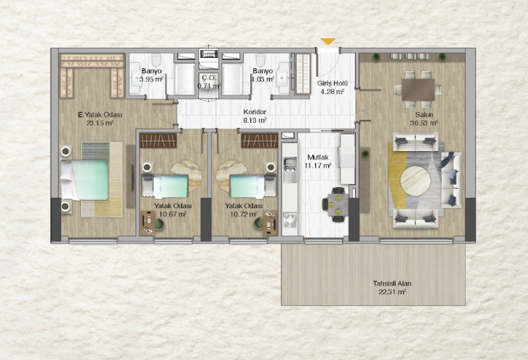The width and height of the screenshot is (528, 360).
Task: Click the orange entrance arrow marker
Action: (328, 41)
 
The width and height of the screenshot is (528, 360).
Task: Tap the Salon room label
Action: (424, 114)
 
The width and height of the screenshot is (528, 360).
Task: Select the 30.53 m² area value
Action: (424, 123)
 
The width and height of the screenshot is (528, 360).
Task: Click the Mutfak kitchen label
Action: (318, 157)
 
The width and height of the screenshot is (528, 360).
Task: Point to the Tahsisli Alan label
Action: (392, 283)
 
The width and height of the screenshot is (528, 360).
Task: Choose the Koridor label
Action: (255, 112)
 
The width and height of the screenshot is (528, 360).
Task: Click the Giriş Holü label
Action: (333, 83)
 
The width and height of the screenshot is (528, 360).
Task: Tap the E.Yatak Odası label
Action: (100, 115)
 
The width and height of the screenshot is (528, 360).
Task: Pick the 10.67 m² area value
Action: (173, 214)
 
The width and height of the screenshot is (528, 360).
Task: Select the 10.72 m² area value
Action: (244, 214)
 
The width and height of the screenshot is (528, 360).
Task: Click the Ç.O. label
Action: (208, 78)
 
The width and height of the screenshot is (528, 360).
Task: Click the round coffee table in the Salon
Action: (416, 181)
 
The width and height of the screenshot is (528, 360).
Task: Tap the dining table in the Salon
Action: (418, 90)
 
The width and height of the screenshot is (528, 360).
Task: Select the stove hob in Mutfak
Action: (289, 219)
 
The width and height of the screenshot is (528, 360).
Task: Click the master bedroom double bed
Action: (84, 180)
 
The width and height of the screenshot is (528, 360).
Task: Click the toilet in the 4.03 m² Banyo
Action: (260, 59)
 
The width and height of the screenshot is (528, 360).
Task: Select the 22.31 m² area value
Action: (392, 292)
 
